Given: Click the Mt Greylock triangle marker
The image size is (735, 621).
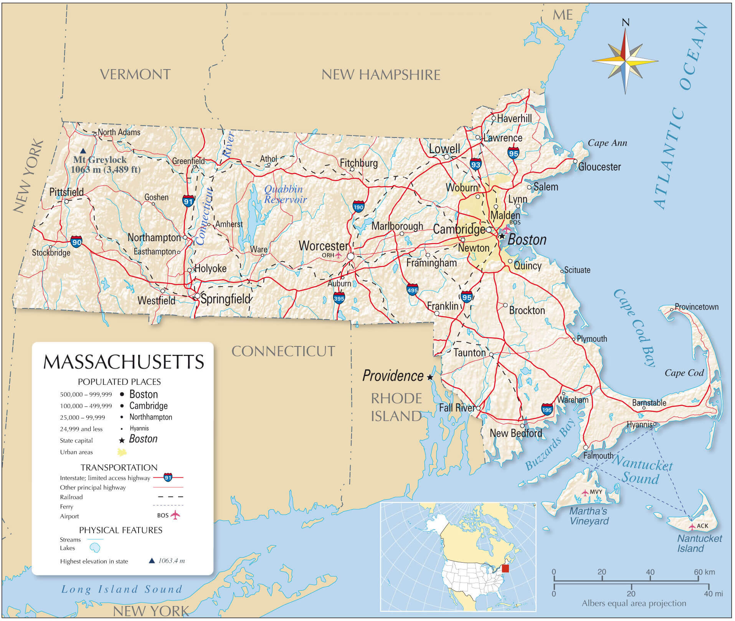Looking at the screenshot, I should [x=83, y=151].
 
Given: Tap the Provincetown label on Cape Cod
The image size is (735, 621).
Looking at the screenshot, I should [x=696, y=307].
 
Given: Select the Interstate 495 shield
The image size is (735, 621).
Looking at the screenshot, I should [x=412, y=290].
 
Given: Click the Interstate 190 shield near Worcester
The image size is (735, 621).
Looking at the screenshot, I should [x=358, y=207].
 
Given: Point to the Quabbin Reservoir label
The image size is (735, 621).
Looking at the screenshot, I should [x=285, y=194].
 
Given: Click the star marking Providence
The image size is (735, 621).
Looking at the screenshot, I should [x=430, y=378].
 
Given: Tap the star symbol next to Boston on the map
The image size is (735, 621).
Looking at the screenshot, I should [x=502, y=236].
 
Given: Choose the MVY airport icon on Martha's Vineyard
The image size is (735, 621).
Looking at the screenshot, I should [x=585, y=492].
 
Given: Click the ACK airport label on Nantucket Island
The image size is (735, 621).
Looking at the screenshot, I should [x=702, y=526].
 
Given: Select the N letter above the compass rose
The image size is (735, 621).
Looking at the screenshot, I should [x=625, y=23].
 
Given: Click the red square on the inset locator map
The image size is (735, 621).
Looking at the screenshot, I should [x=505, y=569].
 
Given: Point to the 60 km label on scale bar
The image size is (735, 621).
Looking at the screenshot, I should [x=704, y=572].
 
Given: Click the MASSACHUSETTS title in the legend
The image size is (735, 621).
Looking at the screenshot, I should [x=124, y=362].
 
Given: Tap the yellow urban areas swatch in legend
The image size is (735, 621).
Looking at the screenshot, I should [x=122, y=452].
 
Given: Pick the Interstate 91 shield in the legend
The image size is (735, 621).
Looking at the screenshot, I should [x=168, y=477].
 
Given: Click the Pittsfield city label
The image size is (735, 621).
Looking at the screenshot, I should [x=66, y=192].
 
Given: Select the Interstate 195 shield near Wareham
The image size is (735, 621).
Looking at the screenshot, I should [x=547, y=410].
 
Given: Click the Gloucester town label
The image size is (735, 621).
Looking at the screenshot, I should [x=599, y=167].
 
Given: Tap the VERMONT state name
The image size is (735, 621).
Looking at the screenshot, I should [x=135, y=74].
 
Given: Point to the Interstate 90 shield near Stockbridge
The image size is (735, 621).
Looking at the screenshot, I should [x=76, y=242].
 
